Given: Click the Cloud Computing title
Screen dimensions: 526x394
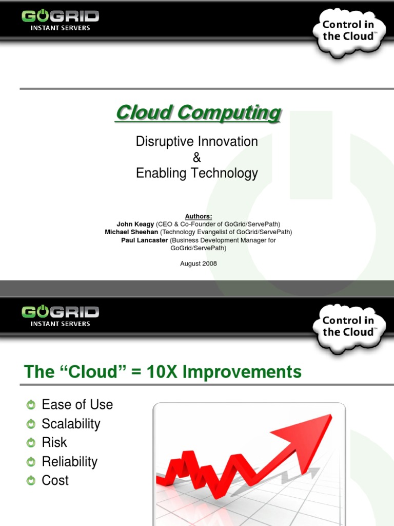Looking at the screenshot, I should [198, 112].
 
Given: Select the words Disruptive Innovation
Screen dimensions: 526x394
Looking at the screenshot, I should [197, 141].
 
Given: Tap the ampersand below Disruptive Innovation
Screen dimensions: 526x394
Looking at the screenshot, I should [197, 157].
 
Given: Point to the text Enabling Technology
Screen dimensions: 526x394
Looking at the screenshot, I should [197, 173].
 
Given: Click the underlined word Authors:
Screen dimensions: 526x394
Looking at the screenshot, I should [197, 216].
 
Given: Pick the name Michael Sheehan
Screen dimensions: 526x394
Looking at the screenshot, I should [131, 232].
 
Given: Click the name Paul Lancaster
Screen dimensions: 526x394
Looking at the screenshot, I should [144, 240].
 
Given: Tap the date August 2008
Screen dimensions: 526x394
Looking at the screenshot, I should [199, 264].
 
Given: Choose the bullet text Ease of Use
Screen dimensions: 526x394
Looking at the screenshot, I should [77, 405].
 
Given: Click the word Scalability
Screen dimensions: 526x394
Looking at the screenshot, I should [71, 424].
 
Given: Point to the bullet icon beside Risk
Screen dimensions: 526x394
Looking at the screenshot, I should [32, 443].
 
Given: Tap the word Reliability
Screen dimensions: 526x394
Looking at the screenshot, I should [69, 462].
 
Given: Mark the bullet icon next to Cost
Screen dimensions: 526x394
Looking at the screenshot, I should [32, 481].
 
